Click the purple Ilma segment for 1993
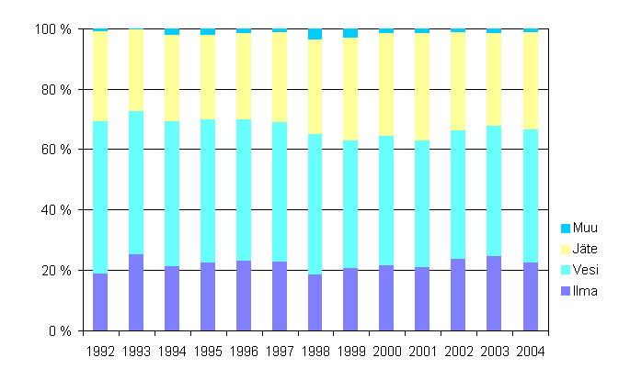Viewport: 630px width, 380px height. click(136, 292)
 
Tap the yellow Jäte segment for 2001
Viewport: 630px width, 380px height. click(422, 86)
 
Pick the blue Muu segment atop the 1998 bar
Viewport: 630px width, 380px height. click(315, 34)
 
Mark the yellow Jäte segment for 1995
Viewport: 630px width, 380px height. click(208, 77)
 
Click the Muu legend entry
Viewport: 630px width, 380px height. click(580, 228)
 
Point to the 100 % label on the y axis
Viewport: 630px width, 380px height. click(52, 29)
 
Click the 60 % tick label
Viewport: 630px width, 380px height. click(56, 150)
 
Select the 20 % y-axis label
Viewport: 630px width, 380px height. click(56, 271)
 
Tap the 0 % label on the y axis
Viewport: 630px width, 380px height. click(59, 330)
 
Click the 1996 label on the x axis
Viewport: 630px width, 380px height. click(244, 352)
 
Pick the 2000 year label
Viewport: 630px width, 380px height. click(386, 352)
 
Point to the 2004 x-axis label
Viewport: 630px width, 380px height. click(530, 352)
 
